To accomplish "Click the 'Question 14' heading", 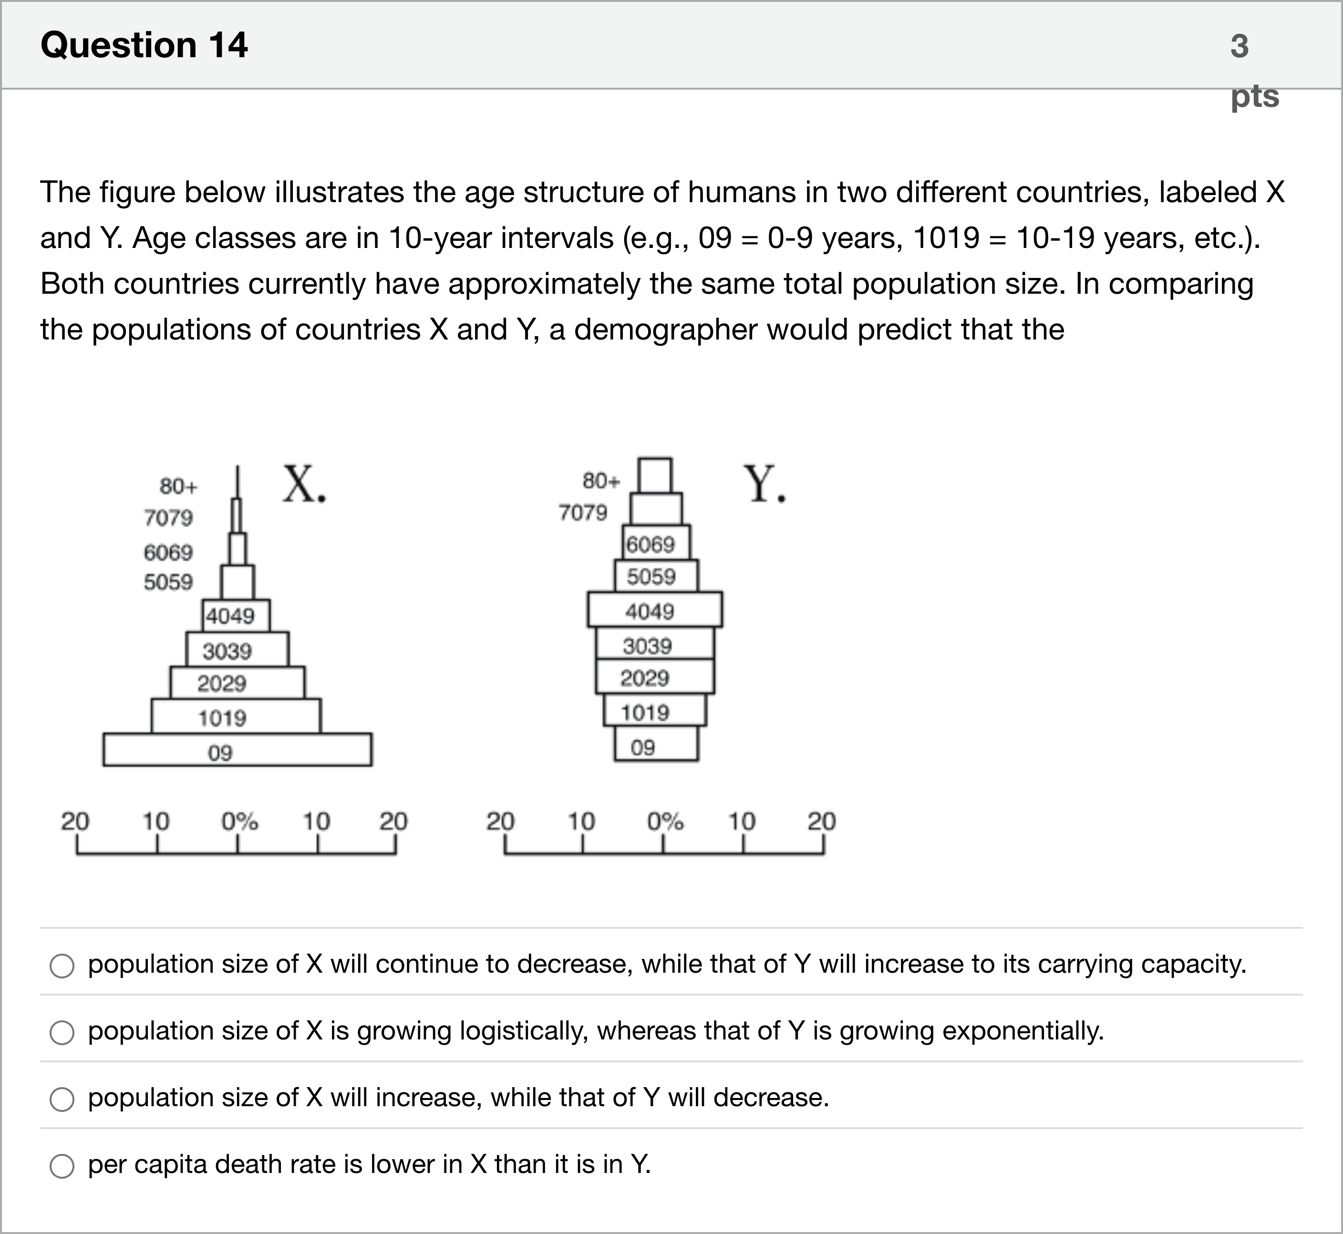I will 144,45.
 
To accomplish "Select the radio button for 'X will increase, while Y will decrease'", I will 62,1099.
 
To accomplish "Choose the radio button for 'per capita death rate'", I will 62,1166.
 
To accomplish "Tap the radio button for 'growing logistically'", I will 62,1032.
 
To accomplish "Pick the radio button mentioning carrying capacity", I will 62,966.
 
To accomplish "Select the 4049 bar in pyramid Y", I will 654,610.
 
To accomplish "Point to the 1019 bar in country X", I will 236,716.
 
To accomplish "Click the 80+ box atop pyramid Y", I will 655,475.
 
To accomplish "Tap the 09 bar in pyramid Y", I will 656,744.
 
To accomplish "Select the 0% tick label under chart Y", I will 664,821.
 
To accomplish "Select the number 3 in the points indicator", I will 1239,46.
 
